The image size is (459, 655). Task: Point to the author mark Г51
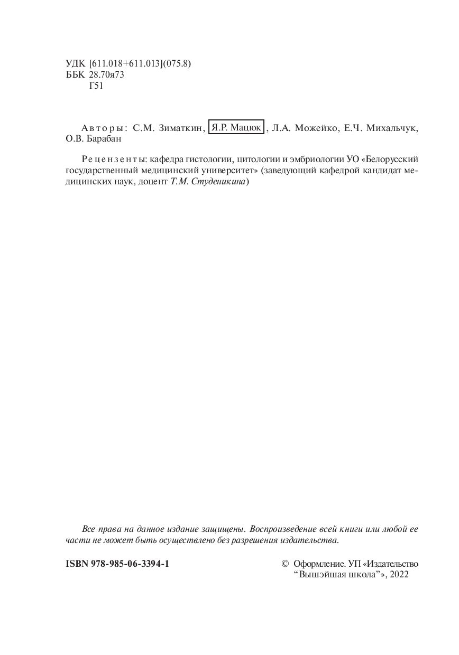tap(97, 86)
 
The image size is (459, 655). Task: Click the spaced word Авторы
tap(104, 128)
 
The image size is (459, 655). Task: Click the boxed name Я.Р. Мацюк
tap(236, 128)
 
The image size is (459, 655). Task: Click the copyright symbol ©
tap(285, 564)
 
